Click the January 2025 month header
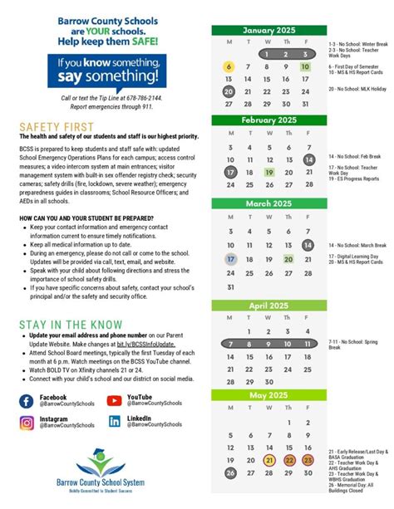pos(269,30)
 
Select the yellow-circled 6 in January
pos(230,67)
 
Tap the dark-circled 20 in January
pos(230,92)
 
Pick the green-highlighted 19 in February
pos(269,172)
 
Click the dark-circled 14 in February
pos(308,159)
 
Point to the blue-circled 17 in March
pos(230,259)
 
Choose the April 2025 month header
pos(269,305)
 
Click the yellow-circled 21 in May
pos(269,459)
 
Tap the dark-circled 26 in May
pos(230,472)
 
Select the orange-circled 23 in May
pos(308,459)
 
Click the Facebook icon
pos(27,401)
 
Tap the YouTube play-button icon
pos(115,401)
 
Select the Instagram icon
pos(27,422)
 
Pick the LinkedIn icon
pos(115,422)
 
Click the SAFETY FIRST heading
pos(52,126)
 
